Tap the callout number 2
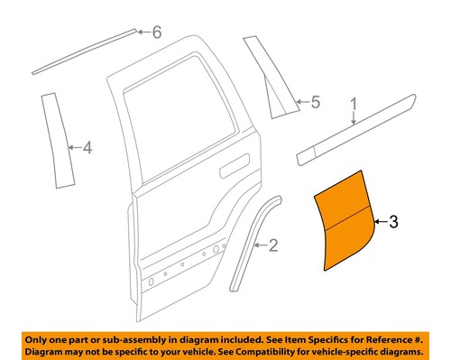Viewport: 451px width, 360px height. (x=273, y=245)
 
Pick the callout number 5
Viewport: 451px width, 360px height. (x=315, y=102)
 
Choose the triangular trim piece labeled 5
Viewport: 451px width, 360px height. (x=271, y=81)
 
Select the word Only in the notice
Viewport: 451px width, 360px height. (x=40, y=336)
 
